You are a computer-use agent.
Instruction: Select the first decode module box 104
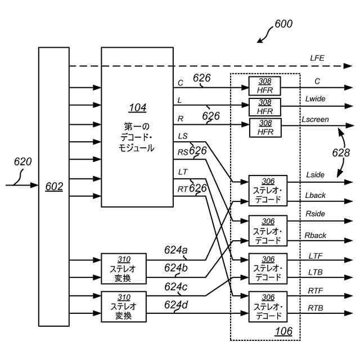(x=137, y=127)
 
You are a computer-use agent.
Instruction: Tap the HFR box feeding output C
(x=265, y=87)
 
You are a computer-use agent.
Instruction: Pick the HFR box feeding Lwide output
(x=265, y=106)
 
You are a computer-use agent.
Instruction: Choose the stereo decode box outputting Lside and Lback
(x=268, y=191)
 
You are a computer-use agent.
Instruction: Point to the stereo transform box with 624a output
(x=123, y=268)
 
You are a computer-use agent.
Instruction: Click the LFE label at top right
(x=317, y=58)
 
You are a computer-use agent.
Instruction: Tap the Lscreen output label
(x=315, y=119)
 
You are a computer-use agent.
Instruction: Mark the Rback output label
(x=316, y=235)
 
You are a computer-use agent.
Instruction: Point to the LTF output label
(x=316, y=256)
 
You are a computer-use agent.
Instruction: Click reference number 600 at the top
(x=283, y=25)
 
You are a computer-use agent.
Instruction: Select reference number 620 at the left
(x=22, y=162)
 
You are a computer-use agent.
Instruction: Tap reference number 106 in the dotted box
(x=283, y=332)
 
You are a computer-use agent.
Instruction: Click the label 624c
(x=176, y=287)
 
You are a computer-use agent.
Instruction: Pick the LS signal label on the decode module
(x=183, y=136)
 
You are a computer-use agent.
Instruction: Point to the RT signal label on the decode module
(x=183, y=190)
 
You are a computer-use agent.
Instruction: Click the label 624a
(x=176, y=250)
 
